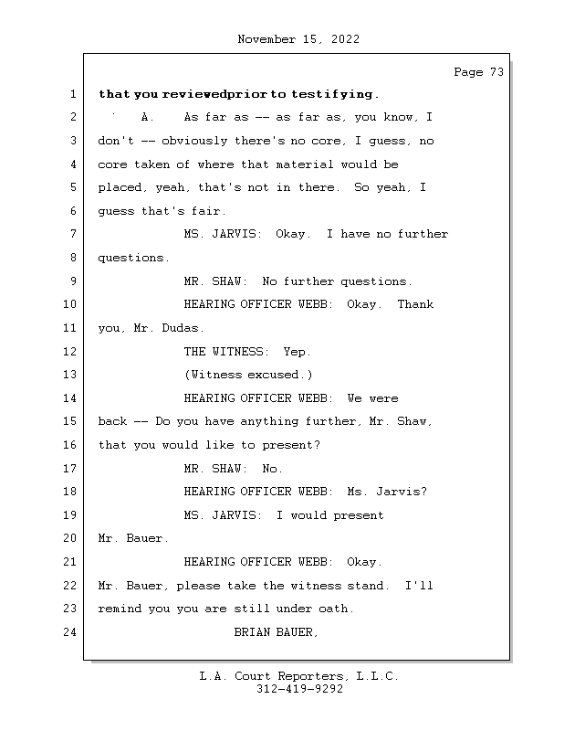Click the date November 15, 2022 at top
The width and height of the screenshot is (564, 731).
pyautogui.click(x=298, y=39)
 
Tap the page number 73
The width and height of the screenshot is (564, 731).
pyautogui.click(x=497, y=72)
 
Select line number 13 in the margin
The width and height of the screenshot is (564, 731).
pyautogui.click(x=70, y=375)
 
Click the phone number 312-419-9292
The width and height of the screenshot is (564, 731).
pyautogui.click(x=299, y=689)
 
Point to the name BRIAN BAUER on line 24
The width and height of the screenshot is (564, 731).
pyautogui.click(x=276, y=632)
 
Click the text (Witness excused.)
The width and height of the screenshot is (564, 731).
pyautogui.click(x=248, y=375)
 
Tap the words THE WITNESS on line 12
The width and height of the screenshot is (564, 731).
pyautogui.click(x=223, y=351)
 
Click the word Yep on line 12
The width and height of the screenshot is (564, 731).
pyautogui.click(x=294, y=352)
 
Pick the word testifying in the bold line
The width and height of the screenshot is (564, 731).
pyautogui.click(x=332, y=94)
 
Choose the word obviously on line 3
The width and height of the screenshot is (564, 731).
pyautogui.click(x=194, y=141)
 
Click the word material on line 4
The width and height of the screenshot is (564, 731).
pyautogui.click(x=305, y=164)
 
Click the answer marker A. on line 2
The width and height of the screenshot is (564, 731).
pyautogui.click(x=147, y=118)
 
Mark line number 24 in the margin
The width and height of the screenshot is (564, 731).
pyautogui.click(x=70, y=632)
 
